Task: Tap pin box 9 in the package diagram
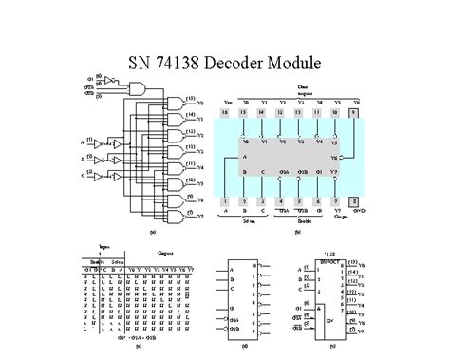pyautogui.click(x=354, y=111)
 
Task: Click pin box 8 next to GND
pyautogui.click(x=354, y=201)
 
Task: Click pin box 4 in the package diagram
pyautogui.click(x=281, y=201)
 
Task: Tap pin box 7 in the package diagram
pyautogui.click(x=336, y=201)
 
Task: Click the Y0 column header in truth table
pyautogui.click(x=134, y=269)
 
